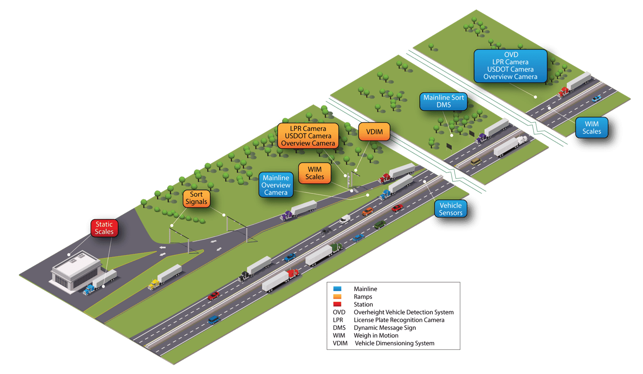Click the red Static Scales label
(104, 228)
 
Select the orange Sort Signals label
(196, 198)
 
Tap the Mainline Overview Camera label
(276, 185)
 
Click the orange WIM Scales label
(314, 173)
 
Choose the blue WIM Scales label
(591, 128)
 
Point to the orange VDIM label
(374, 132)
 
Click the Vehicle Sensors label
(450, 209)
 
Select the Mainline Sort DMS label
(444, 101)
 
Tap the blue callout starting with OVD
(510, 66)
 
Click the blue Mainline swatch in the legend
(337, 289)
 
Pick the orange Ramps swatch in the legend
(337, 297)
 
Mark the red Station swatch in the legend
(337, 304)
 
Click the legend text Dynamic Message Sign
(385, 327)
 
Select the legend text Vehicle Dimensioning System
(394, 343)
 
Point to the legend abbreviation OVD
(339, 312)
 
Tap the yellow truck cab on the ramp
(153, 284)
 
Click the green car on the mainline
(379, 225)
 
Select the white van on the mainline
(345, 219)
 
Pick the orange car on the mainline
(367, 212)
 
